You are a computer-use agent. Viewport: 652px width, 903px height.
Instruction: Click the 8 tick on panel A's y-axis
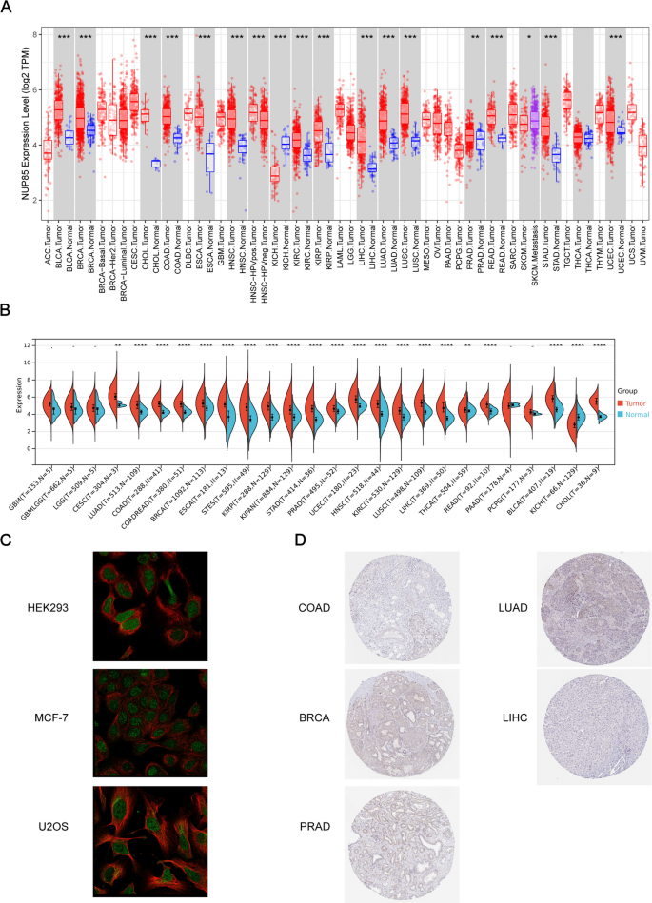point(35,35)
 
